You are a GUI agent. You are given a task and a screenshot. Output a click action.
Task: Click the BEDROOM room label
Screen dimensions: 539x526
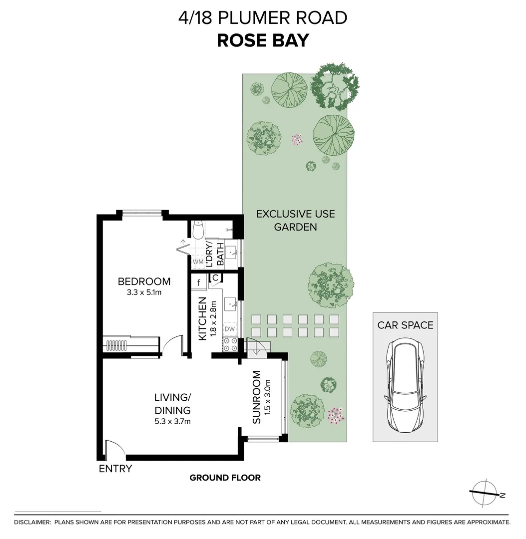click(144, 281)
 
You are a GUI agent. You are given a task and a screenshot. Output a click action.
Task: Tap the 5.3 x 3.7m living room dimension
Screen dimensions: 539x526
click(172, 421)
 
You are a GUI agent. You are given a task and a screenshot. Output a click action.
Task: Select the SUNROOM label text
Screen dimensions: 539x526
click(257, 397)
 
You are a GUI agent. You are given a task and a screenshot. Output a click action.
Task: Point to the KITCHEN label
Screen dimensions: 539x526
click(202, 319)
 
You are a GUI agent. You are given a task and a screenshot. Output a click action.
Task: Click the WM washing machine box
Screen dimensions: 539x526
click(198, 262)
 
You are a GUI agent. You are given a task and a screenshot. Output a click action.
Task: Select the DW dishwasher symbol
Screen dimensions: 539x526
click(229, 329)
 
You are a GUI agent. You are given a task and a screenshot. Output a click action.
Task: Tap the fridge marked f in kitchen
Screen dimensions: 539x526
click(199, 283)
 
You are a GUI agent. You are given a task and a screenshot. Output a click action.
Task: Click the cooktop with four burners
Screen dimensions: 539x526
click(230, 344)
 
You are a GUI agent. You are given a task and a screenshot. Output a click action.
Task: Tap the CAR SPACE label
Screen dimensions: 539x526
click(405, 325)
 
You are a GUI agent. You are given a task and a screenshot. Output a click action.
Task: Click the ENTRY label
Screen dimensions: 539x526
click(115, 469)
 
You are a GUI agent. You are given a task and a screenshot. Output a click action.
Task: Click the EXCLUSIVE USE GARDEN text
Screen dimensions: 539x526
click(295, 221)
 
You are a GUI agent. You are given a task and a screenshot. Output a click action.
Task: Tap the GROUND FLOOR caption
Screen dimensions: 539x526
click(225, 478)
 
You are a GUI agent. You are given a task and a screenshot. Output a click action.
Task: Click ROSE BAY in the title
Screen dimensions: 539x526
click(263, 40)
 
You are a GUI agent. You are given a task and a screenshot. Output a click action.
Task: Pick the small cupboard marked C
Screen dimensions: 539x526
click(215, 277)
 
